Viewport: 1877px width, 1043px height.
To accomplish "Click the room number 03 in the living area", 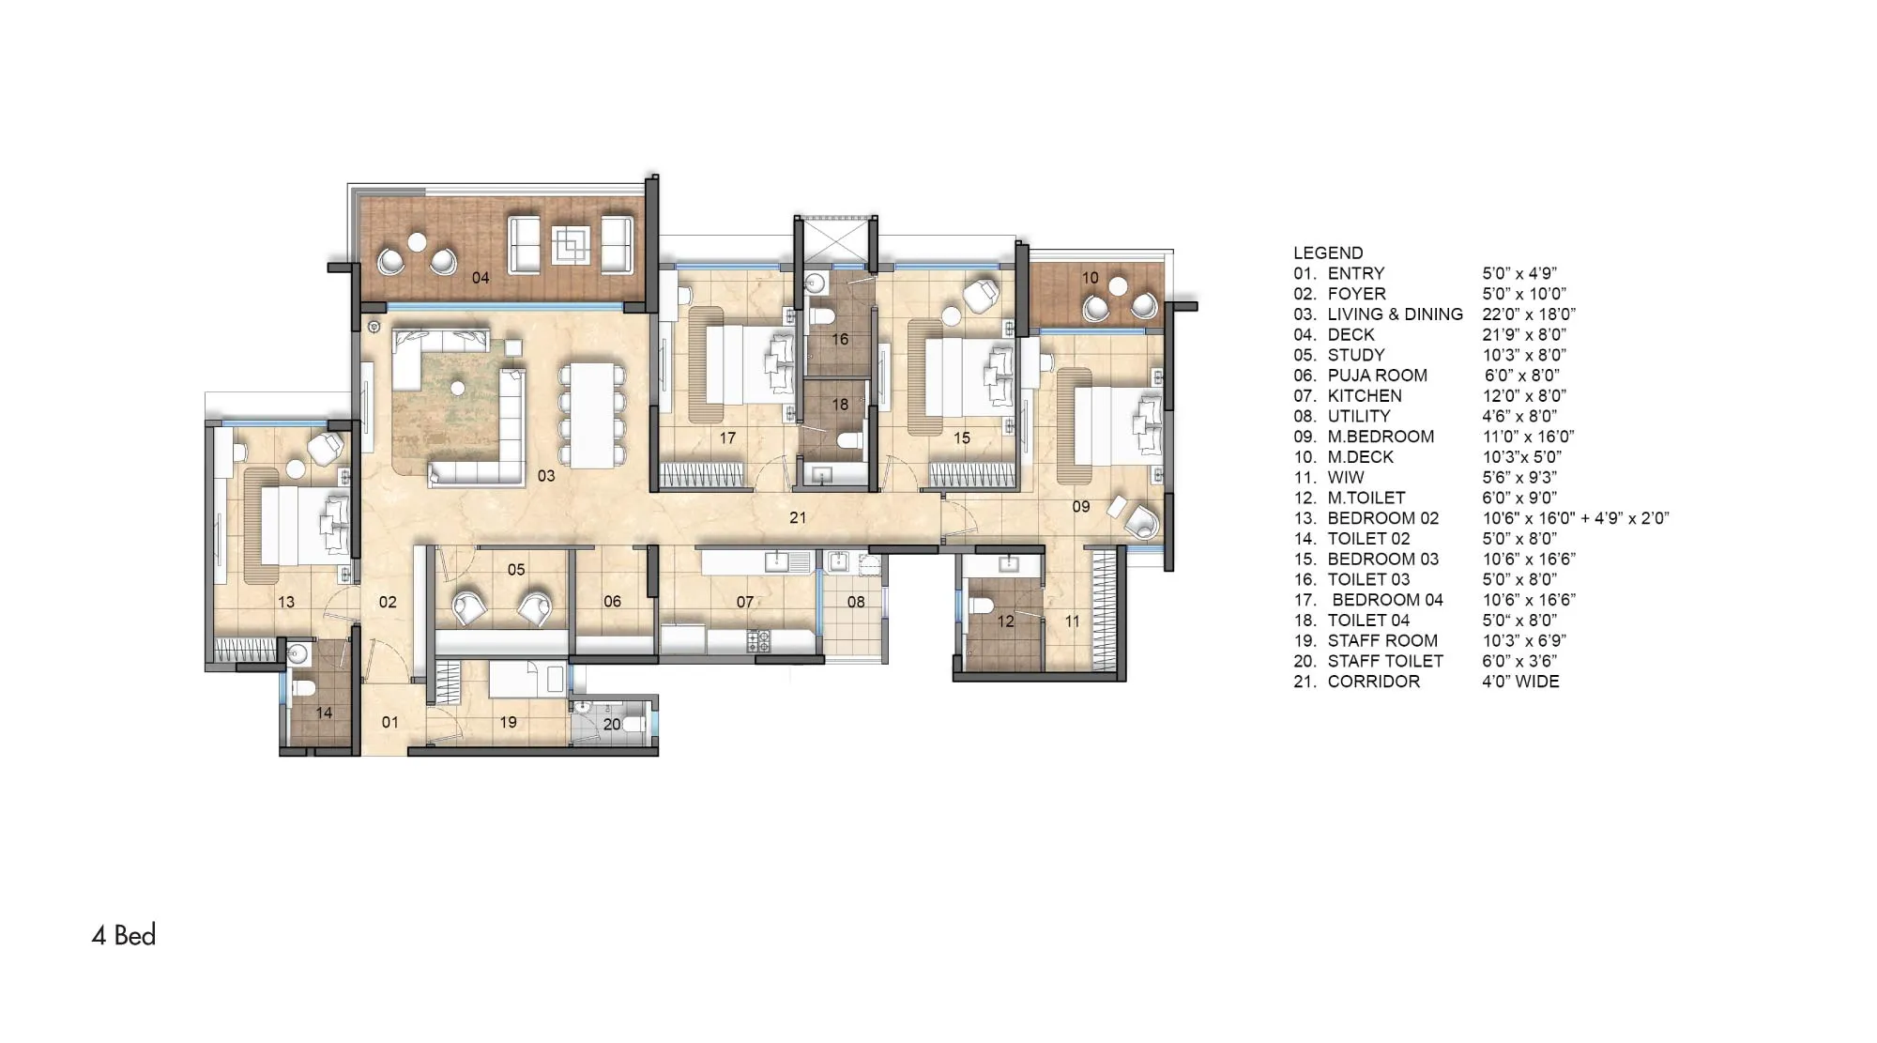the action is (x=546, y=476).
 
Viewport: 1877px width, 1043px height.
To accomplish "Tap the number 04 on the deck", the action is (x=481, y=278).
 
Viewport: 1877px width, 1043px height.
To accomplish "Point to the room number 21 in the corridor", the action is (x=798, y=517).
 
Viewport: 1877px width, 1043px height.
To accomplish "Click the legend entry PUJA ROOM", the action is (x=1377, y=376).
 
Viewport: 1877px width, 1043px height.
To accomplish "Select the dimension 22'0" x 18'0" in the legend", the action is (x=1529, y=314).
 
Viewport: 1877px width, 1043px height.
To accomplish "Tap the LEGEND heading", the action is (x=1328, y=253).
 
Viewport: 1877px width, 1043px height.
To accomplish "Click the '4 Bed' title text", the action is (x=124, y=935).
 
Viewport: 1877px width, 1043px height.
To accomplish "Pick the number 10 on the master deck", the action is (x=1090, y=278).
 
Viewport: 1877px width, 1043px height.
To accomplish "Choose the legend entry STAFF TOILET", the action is (x=1385, y=661).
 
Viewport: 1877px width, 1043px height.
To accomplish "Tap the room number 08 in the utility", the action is (x=856, y=602).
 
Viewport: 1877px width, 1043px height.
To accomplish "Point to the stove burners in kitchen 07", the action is (x=758, y=642).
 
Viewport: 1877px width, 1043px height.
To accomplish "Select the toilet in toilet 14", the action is (x=303, y=688).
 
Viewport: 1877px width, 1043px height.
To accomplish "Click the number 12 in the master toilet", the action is (x=1005, y=621).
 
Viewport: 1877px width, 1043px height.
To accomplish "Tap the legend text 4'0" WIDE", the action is (x=1520, y=682).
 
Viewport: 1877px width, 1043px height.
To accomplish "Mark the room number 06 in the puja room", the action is (x=612, y=602).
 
